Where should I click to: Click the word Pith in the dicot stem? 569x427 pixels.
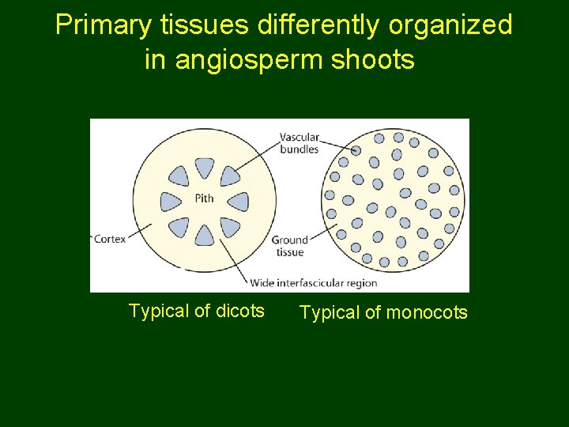[x=204, y=198]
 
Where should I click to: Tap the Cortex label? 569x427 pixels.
[x=110, y=238]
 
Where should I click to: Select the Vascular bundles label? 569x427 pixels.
[x=300, y=142]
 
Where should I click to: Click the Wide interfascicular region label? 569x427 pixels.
[x=314, y=282]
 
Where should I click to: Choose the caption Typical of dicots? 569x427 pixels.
[x=196, y=311]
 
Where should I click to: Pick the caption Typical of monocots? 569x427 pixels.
[x=383, y=312]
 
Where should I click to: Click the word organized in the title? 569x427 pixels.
[x=452, y=25]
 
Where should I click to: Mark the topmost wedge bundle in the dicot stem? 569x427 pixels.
[x=204, y=167]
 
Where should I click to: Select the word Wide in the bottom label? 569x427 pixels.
[x=263, y=282]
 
